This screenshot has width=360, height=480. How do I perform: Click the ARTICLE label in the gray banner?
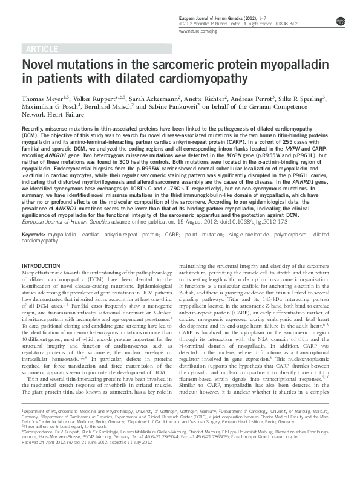[41, 48]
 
